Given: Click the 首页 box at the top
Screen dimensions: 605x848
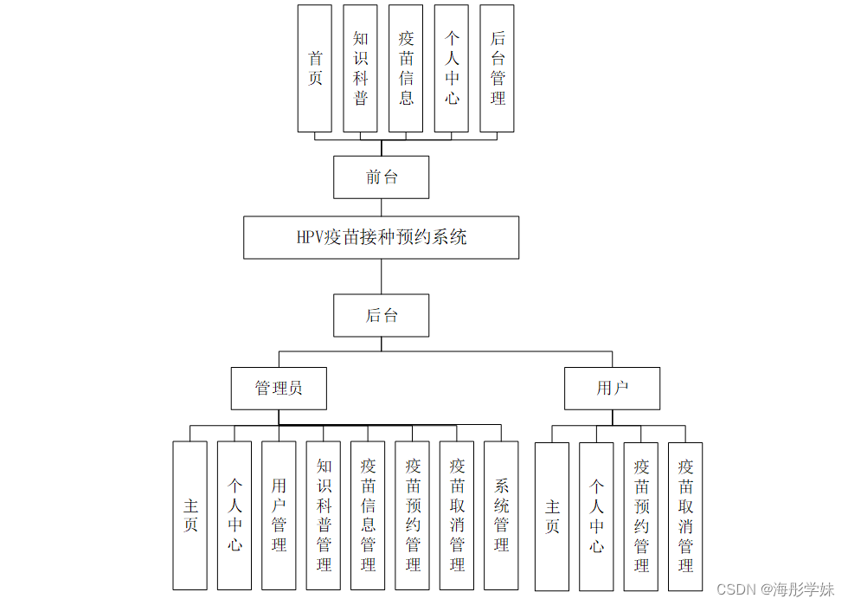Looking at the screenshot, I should pos(314,68).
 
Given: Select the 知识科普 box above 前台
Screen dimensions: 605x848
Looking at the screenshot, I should pos(360,68).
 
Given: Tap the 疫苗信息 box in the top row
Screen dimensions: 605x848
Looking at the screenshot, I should pos(406,68).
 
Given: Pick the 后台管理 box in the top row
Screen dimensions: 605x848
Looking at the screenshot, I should pos(497,68).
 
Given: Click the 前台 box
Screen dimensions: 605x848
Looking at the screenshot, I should pos(381,177).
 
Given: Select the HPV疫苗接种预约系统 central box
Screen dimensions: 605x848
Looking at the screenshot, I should pos(381,237).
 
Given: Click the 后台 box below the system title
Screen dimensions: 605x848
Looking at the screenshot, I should pos(381,315).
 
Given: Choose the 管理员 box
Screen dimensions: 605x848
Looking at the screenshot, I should pos(279,388).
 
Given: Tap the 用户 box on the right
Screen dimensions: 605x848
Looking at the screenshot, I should pos(612,388).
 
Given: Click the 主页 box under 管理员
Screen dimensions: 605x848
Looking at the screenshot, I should pos(190,515).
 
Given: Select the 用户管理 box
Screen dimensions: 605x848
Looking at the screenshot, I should pos(279,515).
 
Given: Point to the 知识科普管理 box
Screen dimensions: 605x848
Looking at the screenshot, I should pos(324,515).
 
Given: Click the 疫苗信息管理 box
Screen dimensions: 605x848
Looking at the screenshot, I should pos(368,515).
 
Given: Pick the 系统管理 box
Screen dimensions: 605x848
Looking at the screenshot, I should pos(501,515).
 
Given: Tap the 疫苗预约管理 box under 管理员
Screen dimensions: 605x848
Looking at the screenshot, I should pos(412,515).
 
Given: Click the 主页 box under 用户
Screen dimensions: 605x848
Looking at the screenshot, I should pos(552,516).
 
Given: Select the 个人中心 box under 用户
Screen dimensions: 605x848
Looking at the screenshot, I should pos(596,516).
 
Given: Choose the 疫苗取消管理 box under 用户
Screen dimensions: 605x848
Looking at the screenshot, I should pos(685,516).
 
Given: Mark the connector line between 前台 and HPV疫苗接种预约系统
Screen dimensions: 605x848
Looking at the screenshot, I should pos(381,208).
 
